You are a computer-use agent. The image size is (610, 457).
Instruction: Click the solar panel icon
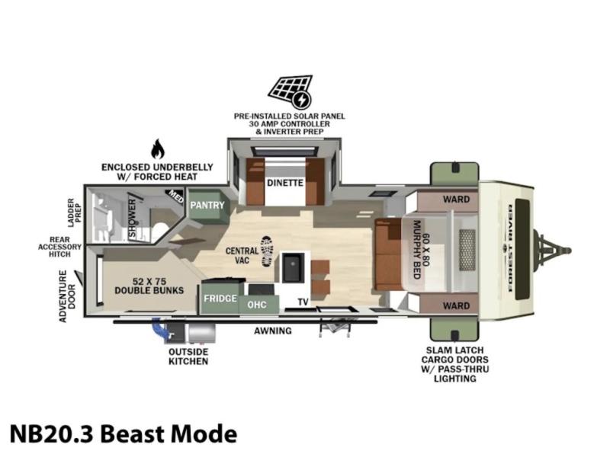click(291, 91)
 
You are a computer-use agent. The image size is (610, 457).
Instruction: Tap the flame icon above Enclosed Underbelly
click(158, 149)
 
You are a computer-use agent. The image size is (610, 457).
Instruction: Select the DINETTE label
click(284, 183)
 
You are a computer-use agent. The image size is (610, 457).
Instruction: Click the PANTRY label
click(207, 205)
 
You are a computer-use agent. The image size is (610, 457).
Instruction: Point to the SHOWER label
click(133, 219)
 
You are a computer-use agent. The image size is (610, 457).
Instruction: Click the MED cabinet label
click(175, 196)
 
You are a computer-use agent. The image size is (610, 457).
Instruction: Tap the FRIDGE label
click(220, 299)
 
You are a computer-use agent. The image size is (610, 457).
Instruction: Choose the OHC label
click(257, 304)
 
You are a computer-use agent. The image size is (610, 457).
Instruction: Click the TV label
click(303, 302)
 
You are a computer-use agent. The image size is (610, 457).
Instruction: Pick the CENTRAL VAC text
click(242, 255)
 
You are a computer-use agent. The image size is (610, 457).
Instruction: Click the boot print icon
click(267, 251)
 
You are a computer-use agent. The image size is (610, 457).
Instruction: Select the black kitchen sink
click(291, 267)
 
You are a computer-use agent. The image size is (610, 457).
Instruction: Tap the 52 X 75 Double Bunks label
click(149, 286)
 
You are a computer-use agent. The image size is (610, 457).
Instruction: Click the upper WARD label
click(456, 200)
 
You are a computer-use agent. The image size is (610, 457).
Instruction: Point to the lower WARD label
click(456, 306)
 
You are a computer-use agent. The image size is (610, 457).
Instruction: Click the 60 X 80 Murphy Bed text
click(422, 250)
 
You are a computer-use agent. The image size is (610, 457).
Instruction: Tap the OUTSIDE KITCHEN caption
click(188, 356)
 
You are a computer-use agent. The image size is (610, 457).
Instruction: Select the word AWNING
click(273, 331)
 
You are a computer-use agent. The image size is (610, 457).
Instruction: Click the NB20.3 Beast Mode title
click(124, 433)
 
